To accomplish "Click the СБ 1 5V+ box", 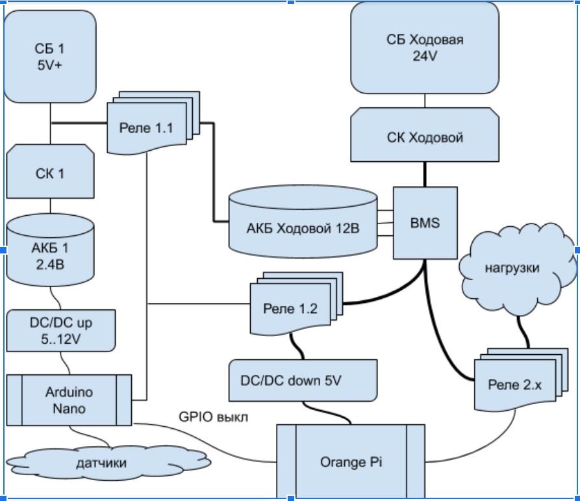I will tap(50, 57).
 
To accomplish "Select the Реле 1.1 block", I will tap(146, 127).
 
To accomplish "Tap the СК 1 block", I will tap(50, 173).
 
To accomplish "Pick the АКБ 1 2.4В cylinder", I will tap(50, 253).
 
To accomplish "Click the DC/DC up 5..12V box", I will tap(61, 329).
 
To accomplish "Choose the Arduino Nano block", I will tap(69, 400).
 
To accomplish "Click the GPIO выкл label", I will tap(213, 417).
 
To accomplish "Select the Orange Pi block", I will tap(351, 462).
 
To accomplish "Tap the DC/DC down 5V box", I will tap(303, 380).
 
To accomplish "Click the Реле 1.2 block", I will tap(290, 309).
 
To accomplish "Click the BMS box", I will tap(425, 224).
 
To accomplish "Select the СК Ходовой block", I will tap(425, 138).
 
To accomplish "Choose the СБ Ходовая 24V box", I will tap(425, 47).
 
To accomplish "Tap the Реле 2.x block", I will tap(514, 384).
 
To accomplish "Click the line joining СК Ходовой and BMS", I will tap(425, 175).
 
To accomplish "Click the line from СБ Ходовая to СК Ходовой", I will tap(425, 101).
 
